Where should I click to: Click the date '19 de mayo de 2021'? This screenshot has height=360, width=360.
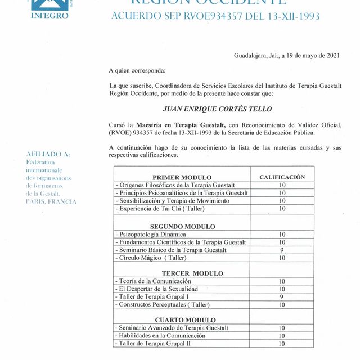[312, 55]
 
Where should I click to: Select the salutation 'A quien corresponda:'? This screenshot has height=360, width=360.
[138, 70]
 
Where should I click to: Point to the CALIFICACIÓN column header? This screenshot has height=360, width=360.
[282, 177]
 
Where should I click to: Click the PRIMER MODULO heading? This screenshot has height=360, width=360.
[182, 177]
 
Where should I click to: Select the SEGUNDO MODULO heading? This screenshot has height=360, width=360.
[183, 227]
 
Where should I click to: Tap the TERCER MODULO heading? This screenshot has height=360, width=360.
[184, 273]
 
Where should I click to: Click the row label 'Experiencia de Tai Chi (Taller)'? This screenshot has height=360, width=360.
[161, 209]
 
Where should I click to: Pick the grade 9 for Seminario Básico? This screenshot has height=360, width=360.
[282, 250]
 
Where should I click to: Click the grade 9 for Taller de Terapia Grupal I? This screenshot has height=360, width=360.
[282, 296]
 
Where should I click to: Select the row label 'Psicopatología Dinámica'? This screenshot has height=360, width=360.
[152, 235]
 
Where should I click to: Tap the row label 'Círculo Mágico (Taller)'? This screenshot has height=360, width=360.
[152, 258]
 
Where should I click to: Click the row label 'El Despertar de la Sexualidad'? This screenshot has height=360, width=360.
[158, 289]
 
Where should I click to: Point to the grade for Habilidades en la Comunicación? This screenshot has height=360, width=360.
[282, 336]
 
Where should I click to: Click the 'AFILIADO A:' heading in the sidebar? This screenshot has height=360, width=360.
[48, 154]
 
